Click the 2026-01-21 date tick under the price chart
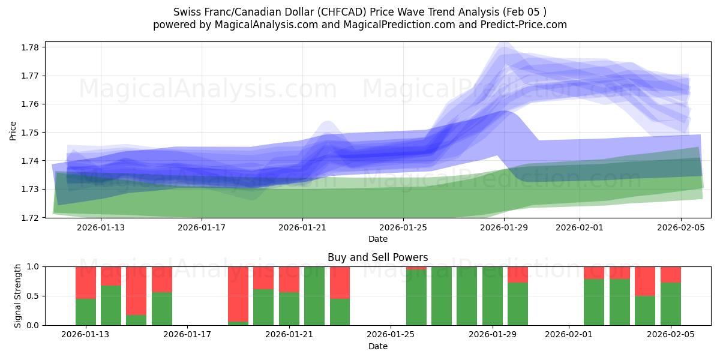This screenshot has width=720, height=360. click(x=302, y=227)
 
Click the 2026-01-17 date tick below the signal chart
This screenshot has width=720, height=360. click(x=188, y=335)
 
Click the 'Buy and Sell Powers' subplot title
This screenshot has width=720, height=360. click(x=377, y=257)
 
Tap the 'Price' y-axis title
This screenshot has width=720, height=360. click(x=13, y=130)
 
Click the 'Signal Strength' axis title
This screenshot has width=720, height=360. click(x=18, y=295)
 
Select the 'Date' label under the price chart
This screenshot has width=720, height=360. click(x=377, y=239)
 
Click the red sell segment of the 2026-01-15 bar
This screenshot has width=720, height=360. click(x=136, y=290)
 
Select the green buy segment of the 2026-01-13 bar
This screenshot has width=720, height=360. click(x=86, y=311)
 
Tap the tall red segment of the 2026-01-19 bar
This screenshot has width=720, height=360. click(x=238, y=293)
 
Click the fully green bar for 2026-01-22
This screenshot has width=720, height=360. click(x=314, y=296)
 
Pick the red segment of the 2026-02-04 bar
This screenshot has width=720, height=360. click(x=645, y=281)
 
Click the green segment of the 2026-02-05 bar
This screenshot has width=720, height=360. click(x=671, y=304)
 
